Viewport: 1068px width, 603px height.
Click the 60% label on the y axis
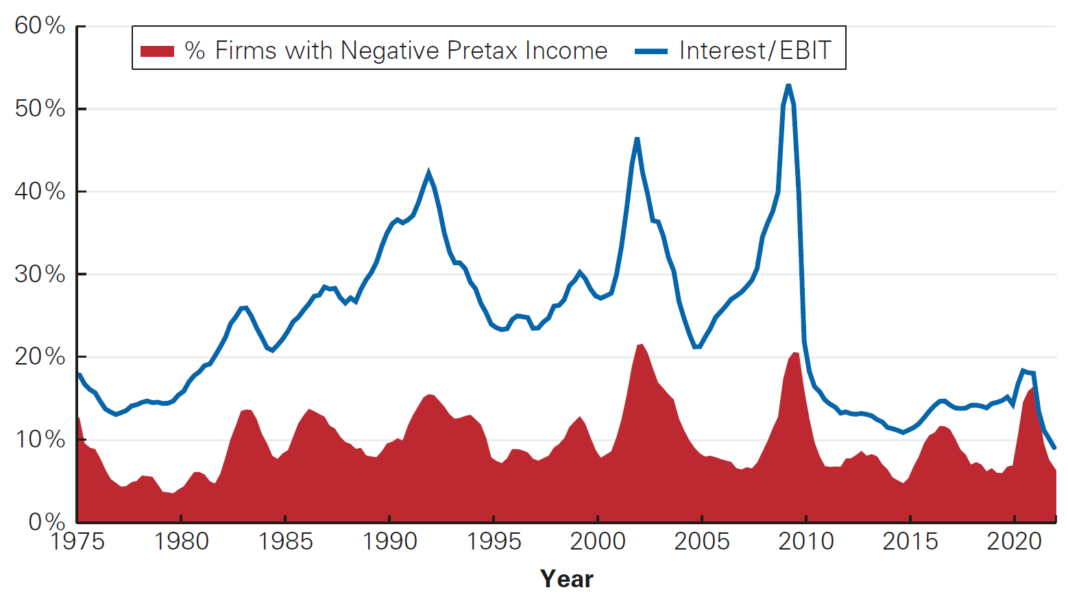40,26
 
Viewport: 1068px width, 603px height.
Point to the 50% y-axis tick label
40,108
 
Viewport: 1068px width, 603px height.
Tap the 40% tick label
40,191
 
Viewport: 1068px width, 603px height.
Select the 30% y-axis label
40,274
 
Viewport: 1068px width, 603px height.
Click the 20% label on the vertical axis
40,356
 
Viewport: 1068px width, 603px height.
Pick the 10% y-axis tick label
40,439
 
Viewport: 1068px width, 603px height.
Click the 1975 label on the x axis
77,541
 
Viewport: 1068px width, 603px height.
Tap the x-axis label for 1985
285,541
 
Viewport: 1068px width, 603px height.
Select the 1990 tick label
389,541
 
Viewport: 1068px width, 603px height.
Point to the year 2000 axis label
598,541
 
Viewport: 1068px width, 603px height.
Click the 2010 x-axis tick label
806,541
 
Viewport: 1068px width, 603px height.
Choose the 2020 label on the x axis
1015,541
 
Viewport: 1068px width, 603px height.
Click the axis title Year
566,579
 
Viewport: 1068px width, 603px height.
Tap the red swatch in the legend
157,51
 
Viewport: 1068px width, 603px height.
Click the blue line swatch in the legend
651,51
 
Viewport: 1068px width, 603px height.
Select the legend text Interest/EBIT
755,51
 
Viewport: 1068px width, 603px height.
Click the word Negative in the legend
389,51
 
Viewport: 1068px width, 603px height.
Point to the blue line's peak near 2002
637,139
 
